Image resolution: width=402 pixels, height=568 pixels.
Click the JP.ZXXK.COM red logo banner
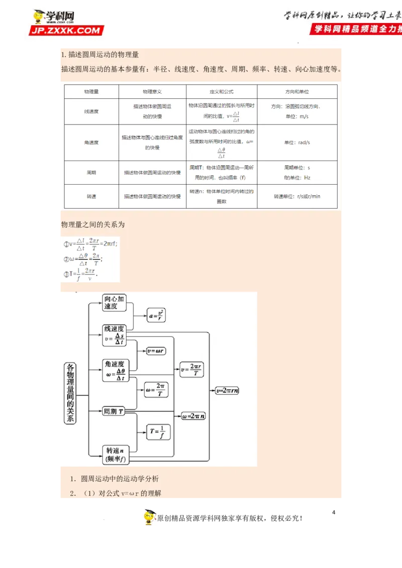(66, 31)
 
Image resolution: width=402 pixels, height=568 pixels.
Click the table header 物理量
(91, 92)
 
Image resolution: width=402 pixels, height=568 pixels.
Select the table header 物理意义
(152, 92)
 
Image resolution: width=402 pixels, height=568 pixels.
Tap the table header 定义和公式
(221, 92)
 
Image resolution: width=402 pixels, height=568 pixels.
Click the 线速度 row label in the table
(91, 111)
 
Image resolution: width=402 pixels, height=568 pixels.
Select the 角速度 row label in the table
(91, 143)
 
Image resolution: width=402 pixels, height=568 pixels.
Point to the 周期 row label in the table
(91, 173)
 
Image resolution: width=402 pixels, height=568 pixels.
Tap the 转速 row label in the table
(91, 196)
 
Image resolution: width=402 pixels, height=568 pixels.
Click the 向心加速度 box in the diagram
(114, 303)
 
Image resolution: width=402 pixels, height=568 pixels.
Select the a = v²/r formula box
(157, 315)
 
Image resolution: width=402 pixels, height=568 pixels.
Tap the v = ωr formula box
(157, 351)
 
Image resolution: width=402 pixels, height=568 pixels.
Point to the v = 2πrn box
(227, 390)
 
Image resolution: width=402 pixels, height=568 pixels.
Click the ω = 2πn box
(194, 416)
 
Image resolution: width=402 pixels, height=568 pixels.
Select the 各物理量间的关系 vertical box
(70, 394)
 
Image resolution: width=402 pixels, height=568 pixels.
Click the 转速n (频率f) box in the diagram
(115, 455)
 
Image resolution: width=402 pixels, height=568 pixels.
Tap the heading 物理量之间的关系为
(93, 225)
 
